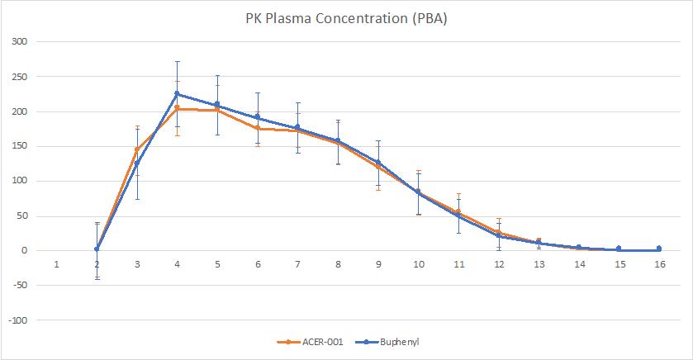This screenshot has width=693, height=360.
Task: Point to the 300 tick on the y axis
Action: coord(19,42)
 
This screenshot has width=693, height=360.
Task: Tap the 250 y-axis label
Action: coord(19,77)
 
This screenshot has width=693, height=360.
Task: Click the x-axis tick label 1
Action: coord(56,264)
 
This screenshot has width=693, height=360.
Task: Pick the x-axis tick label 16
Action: coord(658,264)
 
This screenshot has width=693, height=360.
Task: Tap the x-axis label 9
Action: coord(378,264)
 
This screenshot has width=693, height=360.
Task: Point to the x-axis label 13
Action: coord(539,264)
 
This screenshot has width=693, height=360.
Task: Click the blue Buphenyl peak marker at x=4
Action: coord(177,93)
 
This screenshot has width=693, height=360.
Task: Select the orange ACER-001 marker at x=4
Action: coord(177,108)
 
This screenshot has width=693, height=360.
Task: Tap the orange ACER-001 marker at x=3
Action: coord(137,149)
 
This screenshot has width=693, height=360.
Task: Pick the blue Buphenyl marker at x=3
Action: coord(137,163)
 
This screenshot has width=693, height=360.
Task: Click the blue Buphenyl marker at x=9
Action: coord(378,162)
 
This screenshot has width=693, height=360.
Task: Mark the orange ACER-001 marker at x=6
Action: coord(258,128)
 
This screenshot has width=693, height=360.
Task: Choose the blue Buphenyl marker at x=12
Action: coord(498,236)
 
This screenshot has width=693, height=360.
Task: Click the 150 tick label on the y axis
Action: coord(19,146)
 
